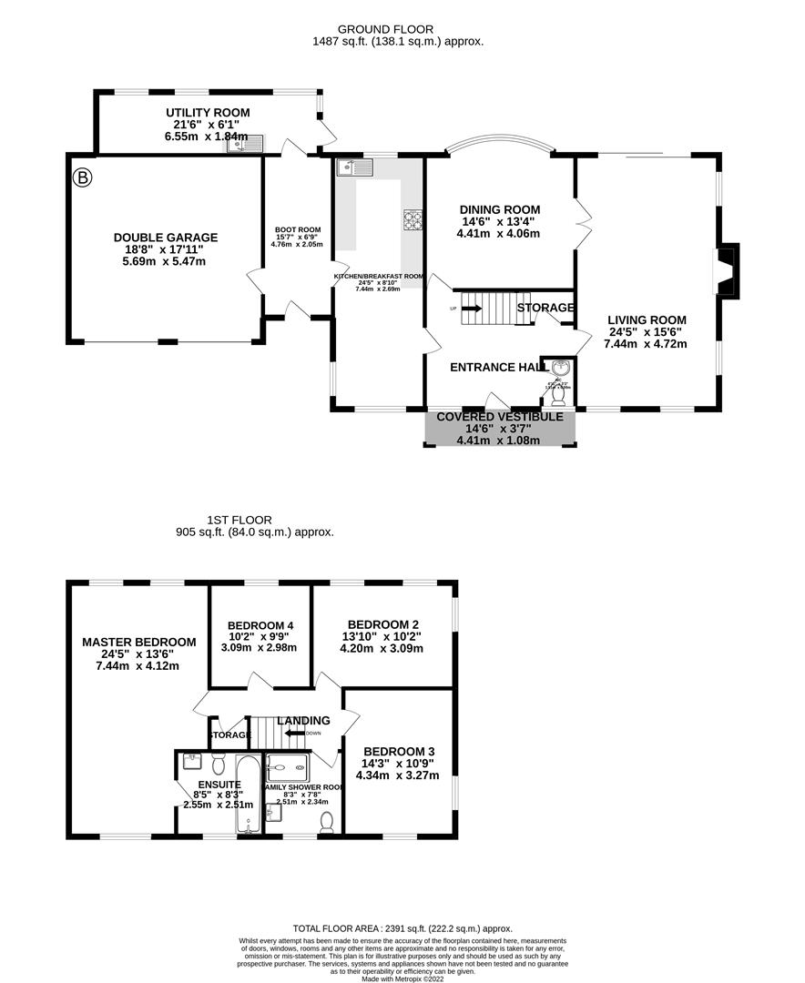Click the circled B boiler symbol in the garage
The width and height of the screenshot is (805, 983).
(x=83, y=177)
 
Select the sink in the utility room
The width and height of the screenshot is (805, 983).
(x=246, y=142)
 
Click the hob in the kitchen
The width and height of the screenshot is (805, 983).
(x=413, y=219)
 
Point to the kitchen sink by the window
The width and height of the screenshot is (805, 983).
(x=352, y=167)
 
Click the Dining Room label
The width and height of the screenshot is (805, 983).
(x=498, y=208)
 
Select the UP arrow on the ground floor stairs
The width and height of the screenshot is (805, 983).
(x=471, y=309)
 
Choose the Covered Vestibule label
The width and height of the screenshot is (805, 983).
(x=500, y=417)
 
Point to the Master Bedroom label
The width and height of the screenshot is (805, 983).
(x=138, y=642)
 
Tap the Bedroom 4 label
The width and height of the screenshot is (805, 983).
(x=260, y=625)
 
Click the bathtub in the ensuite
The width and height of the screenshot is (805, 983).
(x=248, y=795)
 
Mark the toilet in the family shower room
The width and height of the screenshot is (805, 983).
(x=327, y=822)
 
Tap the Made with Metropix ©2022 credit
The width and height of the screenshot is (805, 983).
(x=402, y=978)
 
